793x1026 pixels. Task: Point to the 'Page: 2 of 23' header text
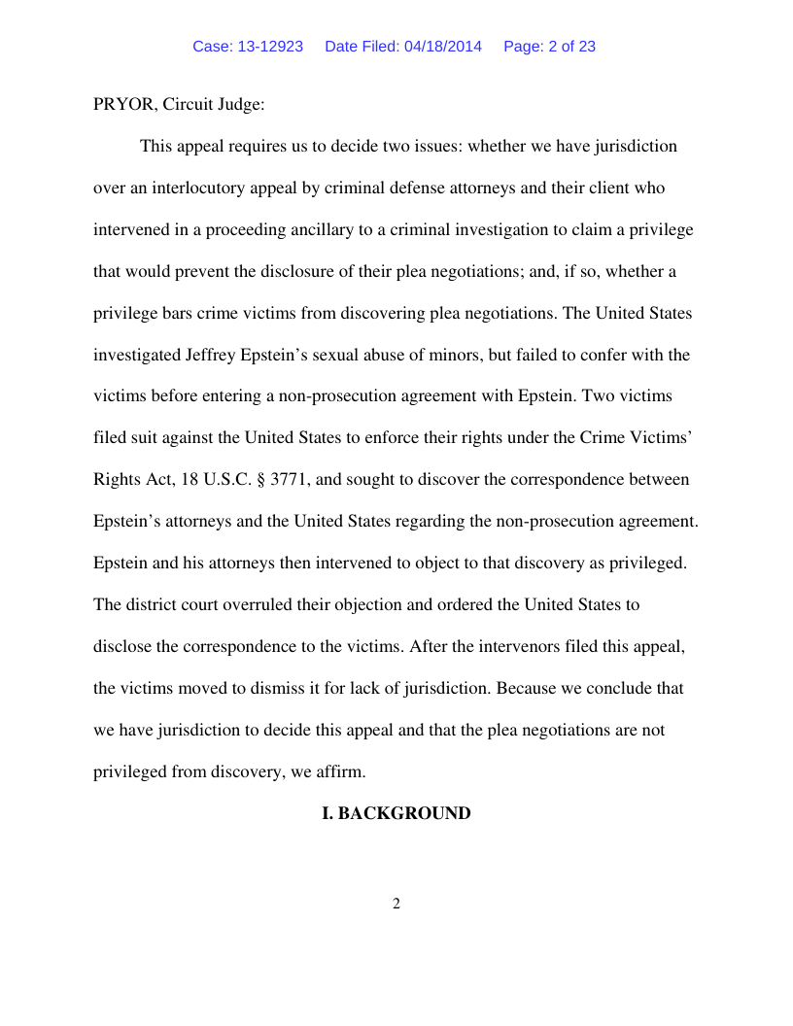(549, 47)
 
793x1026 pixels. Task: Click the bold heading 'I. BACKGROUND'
(396, 813)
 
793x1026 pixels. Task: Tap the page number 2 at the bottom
(396, 904)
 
